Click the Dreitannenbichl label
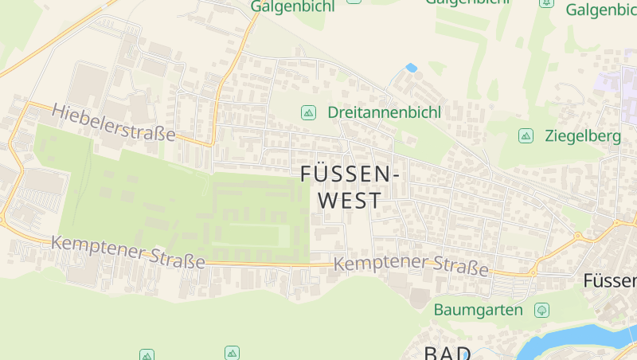point(384,112)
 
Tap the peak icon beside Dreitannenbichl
point(308,113)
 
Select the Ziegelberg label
point(583,135)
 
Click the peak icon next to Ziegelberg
point(526,135)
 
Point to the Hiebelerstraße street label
point(114,123)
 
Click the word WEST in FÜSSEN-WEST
point(350,201)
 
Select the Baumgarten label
point(479,309)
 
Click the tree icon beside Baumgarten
point(542,309)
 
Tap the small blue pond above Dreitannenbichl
point(412,68)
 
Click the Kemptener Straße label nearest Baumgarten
point(411,264)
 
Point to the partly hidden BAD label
point(447,352)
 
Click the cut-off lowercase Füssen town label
point(610,280)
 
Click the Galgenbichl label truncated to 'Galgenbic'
point(601,10)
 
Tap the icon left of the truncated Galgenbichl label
point(546,3)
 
